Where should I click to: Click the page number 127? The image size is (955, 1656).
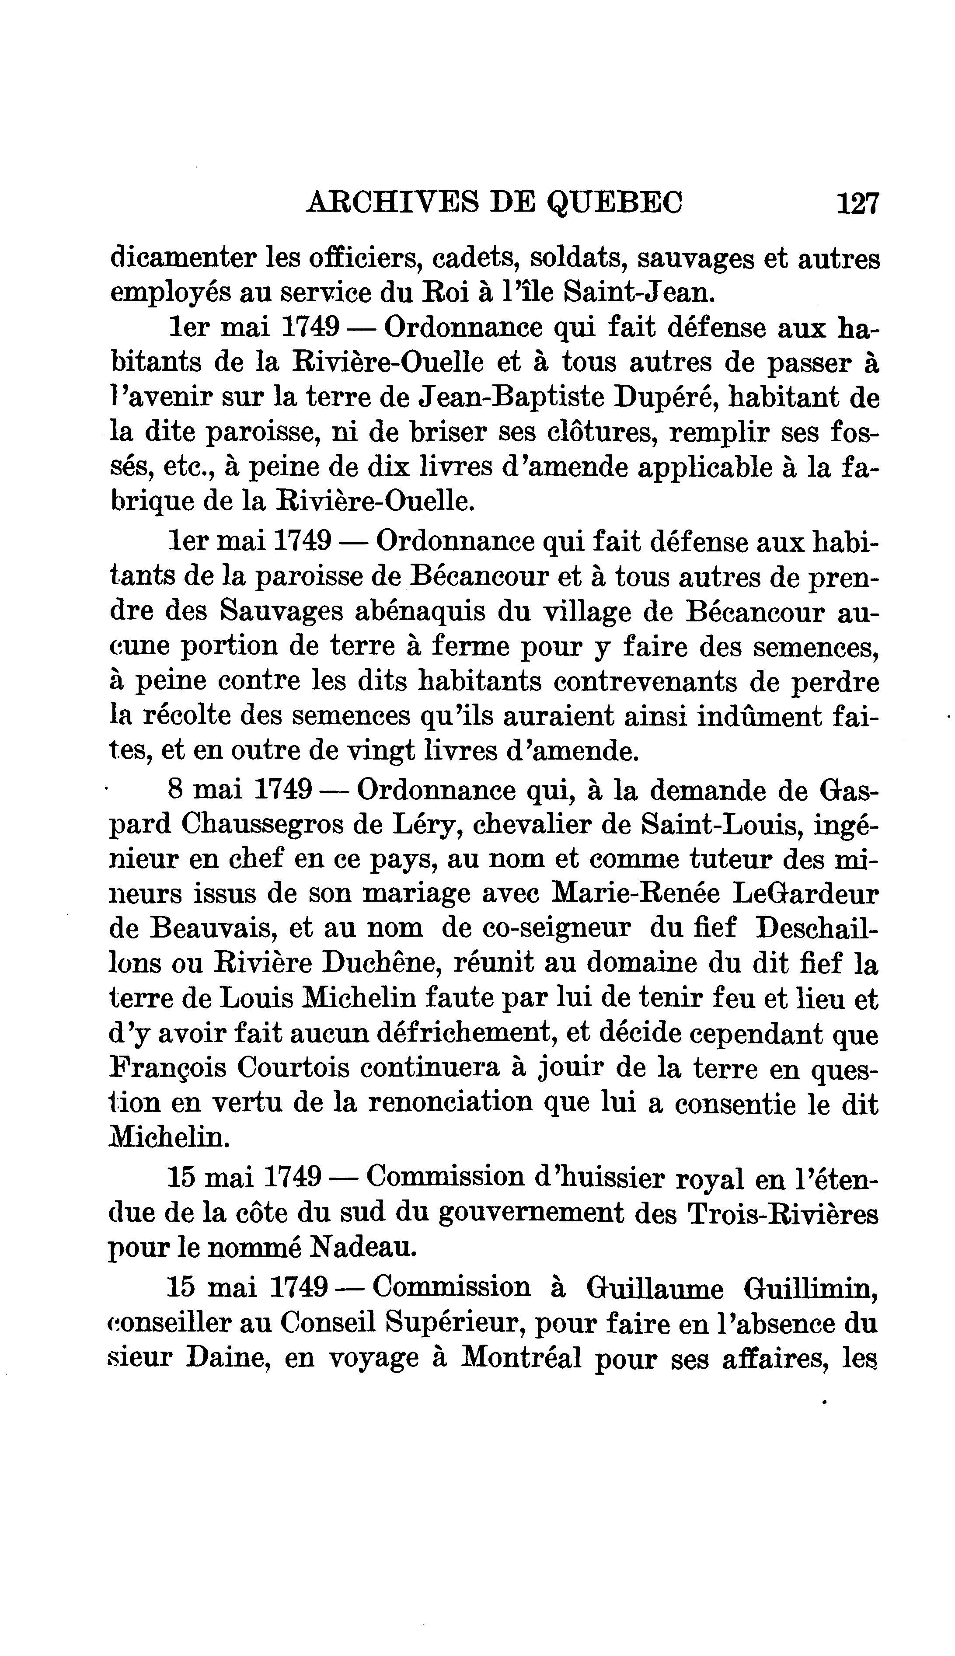(x=857, y=204)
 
